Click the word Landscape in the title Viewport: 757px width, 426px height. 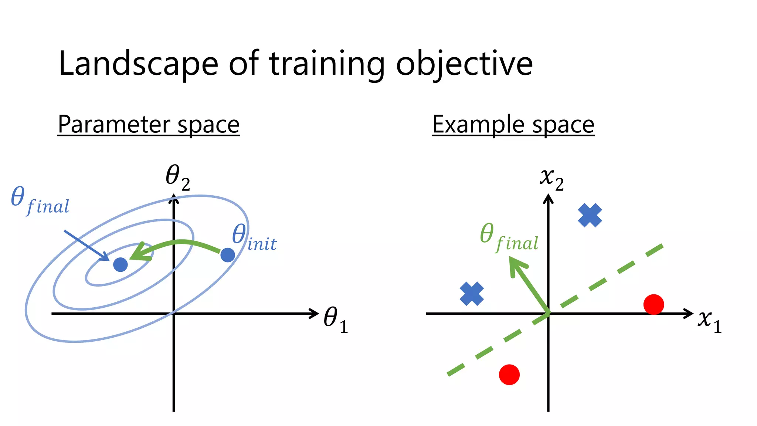138,64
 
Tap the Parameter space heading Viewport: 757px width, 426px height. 149,125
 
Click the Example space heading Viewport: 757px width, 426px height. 513,125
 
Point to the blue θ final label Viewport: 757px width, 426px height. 40,201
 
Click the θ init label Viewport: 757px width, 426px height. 254,238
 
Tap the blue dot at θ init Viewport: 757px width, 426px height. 228,255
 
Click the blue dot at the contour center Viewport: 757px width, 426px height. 120,264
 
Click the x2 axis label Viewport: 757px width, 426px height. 552,180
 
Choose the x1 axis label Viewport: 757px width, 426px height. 709,320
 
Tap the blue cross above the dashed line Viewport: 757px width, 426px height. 590,215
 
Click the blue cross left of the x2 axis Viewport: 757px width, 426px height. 472,294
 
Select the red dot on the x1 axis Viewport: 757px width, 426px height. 654,305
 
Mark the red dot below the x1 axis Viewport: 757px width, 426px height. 509,375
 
